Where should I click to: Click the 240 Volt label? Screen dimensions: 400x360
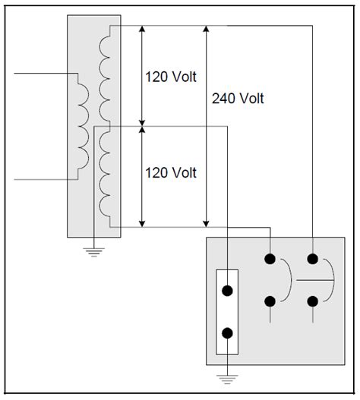click(x=239, y=99)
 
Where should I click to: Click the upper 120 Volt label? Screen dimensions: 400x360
click(x=171, y=76)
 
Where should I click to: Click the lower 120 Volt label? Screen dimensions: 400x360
click(x=171, y=173)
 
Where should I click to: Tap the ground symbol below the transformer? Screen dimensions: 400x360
click(x=93, y=251)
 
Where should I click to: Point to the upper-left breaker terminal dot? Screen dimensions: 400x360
click(x=270, y=258)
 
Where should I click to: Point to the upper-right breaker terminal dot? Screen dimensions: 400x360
click(x=312, y=258)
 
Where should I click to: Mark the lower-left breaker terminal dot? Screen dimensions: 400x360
click(x=270, y=301)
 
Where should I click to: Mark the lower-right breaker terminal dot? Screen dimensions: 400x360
click(x=312, y=301)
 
